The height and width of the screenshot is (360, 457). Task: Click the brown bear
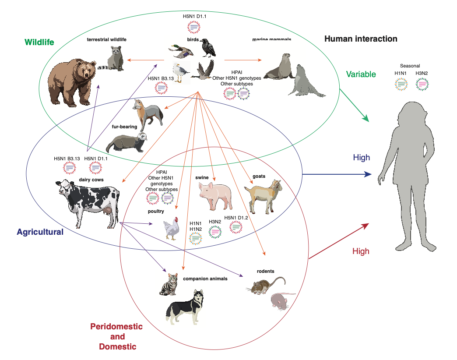(72, 83)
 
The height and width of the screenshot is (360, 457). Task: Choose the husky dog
(185, 308)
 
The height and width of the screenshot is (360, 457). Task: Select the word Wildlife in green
(39, 42)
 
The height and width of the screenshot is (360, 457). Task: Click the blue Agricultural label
(40, 232)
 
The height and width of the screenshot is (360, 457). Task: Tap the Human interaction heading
(361, 39)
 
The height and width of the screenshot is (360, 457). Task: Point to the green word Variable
(361, 74)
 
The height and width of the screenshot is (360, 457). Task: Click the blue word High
(361, 158)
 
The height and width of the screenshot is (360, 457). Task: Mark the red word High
(361, 251)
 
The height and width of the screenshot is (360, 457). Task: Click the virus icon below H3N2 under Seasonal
(422, 84)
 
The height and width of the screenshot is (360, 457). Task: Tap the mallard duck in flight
(181, 52)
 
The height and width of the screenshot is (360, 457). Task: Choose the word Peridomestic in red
(116, 327)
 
